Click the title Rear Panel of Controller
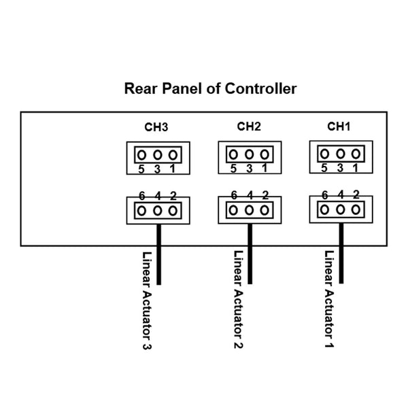point(210,89)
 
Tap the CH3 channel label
point(156,126)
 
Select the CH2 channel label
point(250,126)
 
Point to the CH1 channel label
point(339,126)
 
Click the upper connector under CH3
point(158,155)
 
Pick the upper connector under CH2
point(250,155)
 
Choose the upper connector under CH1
point(340,155)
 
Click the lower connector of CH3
point(158,210)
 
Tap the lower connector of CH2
point(250,209)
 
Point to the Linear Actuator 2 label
point(238,301)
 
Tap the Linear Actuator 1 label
point(329,301)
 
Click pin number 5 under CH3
point(141,169)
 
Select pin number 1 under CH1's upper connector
point(355,168)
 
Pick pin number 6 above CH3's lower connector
point(142,196)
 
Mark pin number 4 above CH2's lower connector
point(250,195)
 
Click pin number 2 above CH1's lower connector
point(356,194)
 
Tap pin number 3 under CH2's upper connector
point(249,169)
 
